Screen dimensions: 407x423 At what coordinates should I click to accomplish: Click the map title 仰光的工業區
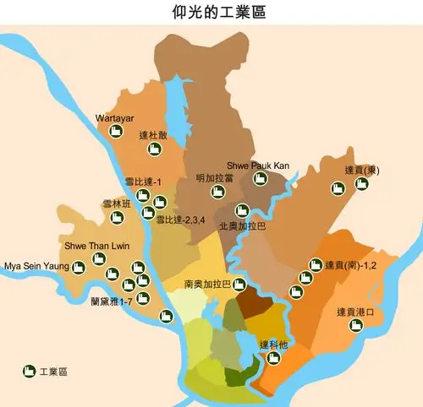click(x=211, y=14)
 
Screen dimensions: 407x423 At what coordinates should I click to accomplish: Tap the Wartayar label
click(x=115, y=117)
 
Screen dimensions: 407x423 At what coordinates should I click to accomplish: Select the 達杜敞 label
click(x=154, y=135)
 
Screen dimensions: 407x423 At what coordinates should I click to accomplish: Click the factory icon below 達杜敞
click(x=154, y=149)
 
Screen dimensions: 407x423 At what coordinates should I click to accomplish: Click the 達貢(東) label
click(x=362, y=170)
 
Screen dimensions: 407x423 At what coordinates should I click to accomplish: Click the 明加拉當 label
click(x=214, y=177)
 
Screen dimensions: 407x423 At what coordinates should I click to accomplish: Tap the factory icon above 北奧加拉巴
click(x=242, y=211)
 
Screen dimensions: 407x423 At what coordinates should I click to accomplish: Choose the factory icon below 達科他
click(x=273, y=358)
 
